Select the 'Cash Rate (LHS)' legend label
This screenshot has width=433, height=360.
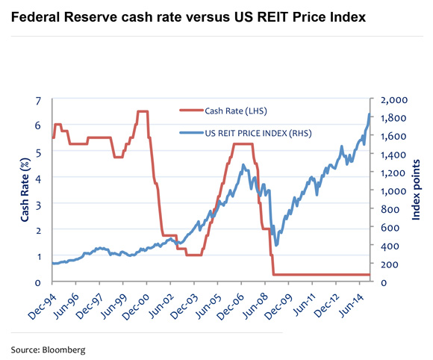(x=236, y=112)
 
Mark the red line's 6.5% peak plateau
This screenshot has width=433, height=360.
(x=142, y=111)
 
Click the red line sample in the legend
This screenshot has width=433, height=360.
(x=191, y=112)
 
